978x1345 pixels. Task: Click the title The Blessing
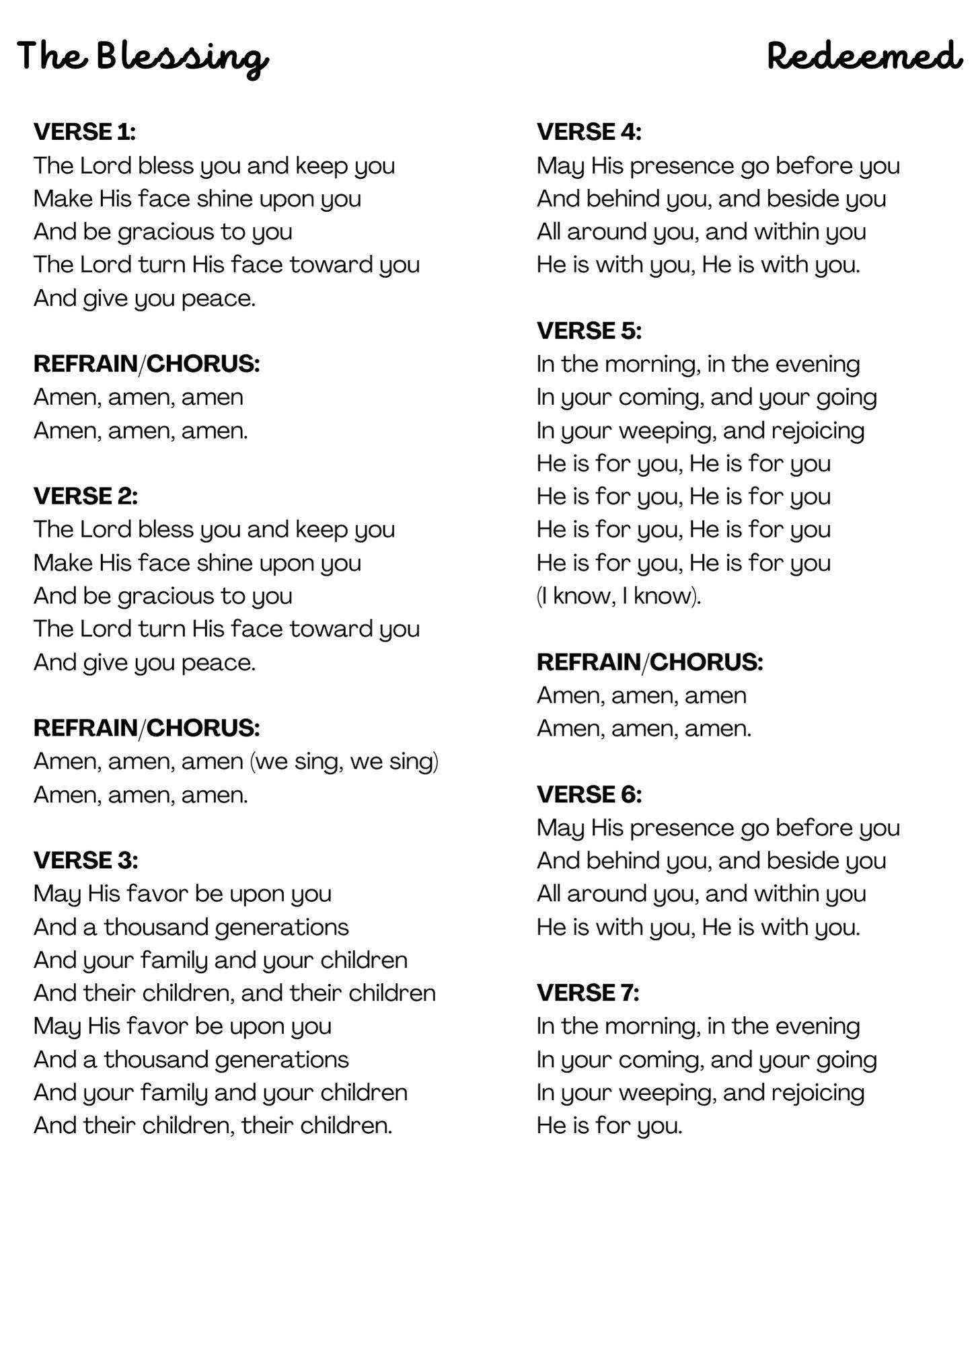pyautogui.click(x=143, y=56)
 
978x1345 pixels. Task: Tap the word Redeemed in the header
pyautogui.click(x=864, y=56)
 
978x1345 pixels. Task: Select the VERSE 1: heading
pyautogui.click(x=85, y=132)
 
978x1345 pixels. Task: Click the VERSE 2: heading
pyautogui.click(x=85, y=496)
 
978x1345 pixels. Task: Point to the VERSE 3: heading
pyautogui.click(x=85, y=860)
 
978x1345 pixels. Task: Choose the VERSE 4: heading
pyautogui.click(x=589, y=132)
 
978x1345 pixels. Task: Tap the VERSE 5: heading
pyautogui.click(x=589, y=331)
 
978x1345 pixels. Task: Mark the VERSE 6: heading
pyautogui.click(x=589, y=794)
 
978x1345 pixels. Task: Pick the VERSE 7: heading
pyautogui.click(x=587, y=993)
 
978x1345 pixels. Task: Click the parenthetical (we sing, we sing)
pyautogui.click(x=344, y=762)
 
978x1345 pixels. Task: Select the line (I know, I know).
pyautogui.click(x=618, y=596)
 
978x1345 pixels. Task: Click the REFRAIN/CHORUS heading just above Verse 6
pyautogui.click(x=649, y=662)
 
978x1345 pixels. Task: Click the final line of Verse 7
pyautogui.click(x=609, y=1126)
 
